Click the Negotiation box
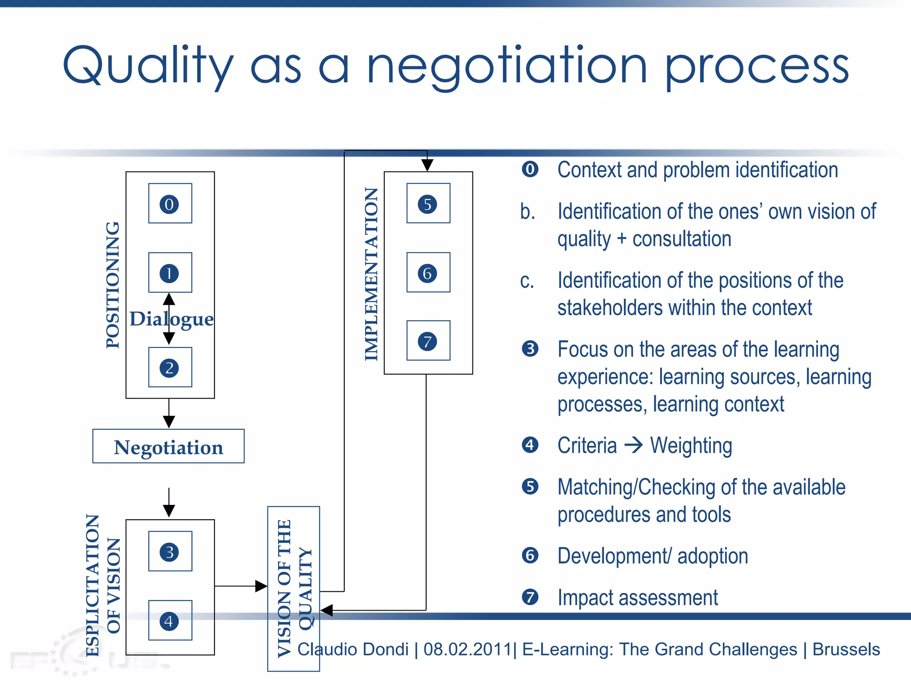pos(168,446)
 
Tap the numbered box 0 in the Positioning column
pos(170,204)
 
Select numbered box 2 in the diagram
pos(170,367)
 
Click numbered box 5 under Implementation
pos(428,204)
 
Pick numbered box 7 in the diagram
pos(428,341)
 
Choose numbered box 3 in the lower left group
pos(170,551)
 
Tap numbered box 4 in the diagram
pos(170,620)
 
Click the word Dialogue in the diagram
pos(172,319)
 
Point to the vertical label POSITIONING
pos(113,285)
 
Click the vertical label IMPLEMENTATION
pos(371,273)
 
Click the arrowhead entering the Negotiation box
pos(169,422)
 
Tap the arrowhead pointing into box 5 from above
pos(427,165)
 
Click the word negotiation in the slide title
pos(506,67)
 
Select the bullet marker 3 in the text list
pos(530,349)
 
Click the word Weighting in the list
pos(691,445)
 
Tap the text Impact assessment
pos(637,598)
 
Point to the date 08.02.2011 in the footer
pos(467,649)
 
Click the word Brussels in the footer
pos(846,649)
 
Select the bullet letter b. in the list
pos(528,212)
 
